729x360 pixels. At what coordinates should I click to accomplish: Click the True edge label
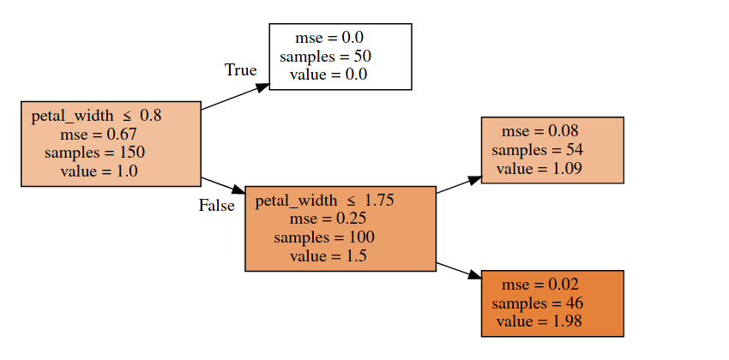click(x=240, y=70)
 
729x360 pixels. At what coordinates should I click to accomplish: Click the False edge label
click(x=216, y=206)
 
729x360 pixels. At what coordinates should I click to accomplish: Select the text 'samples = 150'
click(x=95, y=153)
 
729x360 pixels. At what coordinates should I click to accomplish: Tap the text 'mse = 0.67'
click(x=99, y=134)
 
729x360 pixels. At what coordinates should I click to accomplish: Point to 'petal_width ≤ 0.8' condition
click(x=96, y=115)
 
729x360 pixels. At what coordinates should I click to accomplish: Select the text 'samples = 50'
click(x=325, y=56)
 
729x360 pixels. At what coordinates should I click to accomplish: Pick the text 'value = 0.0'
click(x=328, y=75)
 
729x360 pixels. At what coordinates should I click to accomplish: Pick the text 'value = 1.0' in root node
click(x=99, y=171)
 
